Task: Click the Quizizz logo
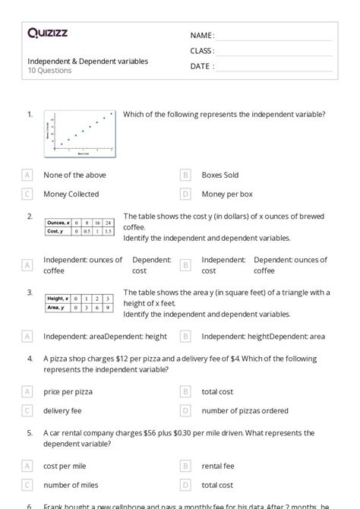46,33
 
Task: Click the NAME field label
202,35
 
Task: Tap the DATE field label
202,66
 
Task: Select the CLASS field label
203,51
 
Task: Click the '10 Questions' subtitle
49,71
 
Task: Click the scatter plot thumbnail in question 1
79,134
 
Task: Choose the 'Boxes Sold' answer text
219,175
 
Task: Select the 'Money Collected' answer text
71,194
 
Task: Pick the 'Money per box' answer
227,194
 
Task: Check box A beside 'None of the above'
27,175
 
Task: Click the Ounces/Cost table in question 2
79,226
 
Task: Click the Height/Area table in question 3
79,303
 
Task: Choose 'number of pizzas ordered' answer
245,411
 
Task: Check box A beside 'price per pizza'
27,392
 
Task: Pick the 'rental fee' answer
218,466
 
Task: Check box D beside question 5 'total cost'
185,485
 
